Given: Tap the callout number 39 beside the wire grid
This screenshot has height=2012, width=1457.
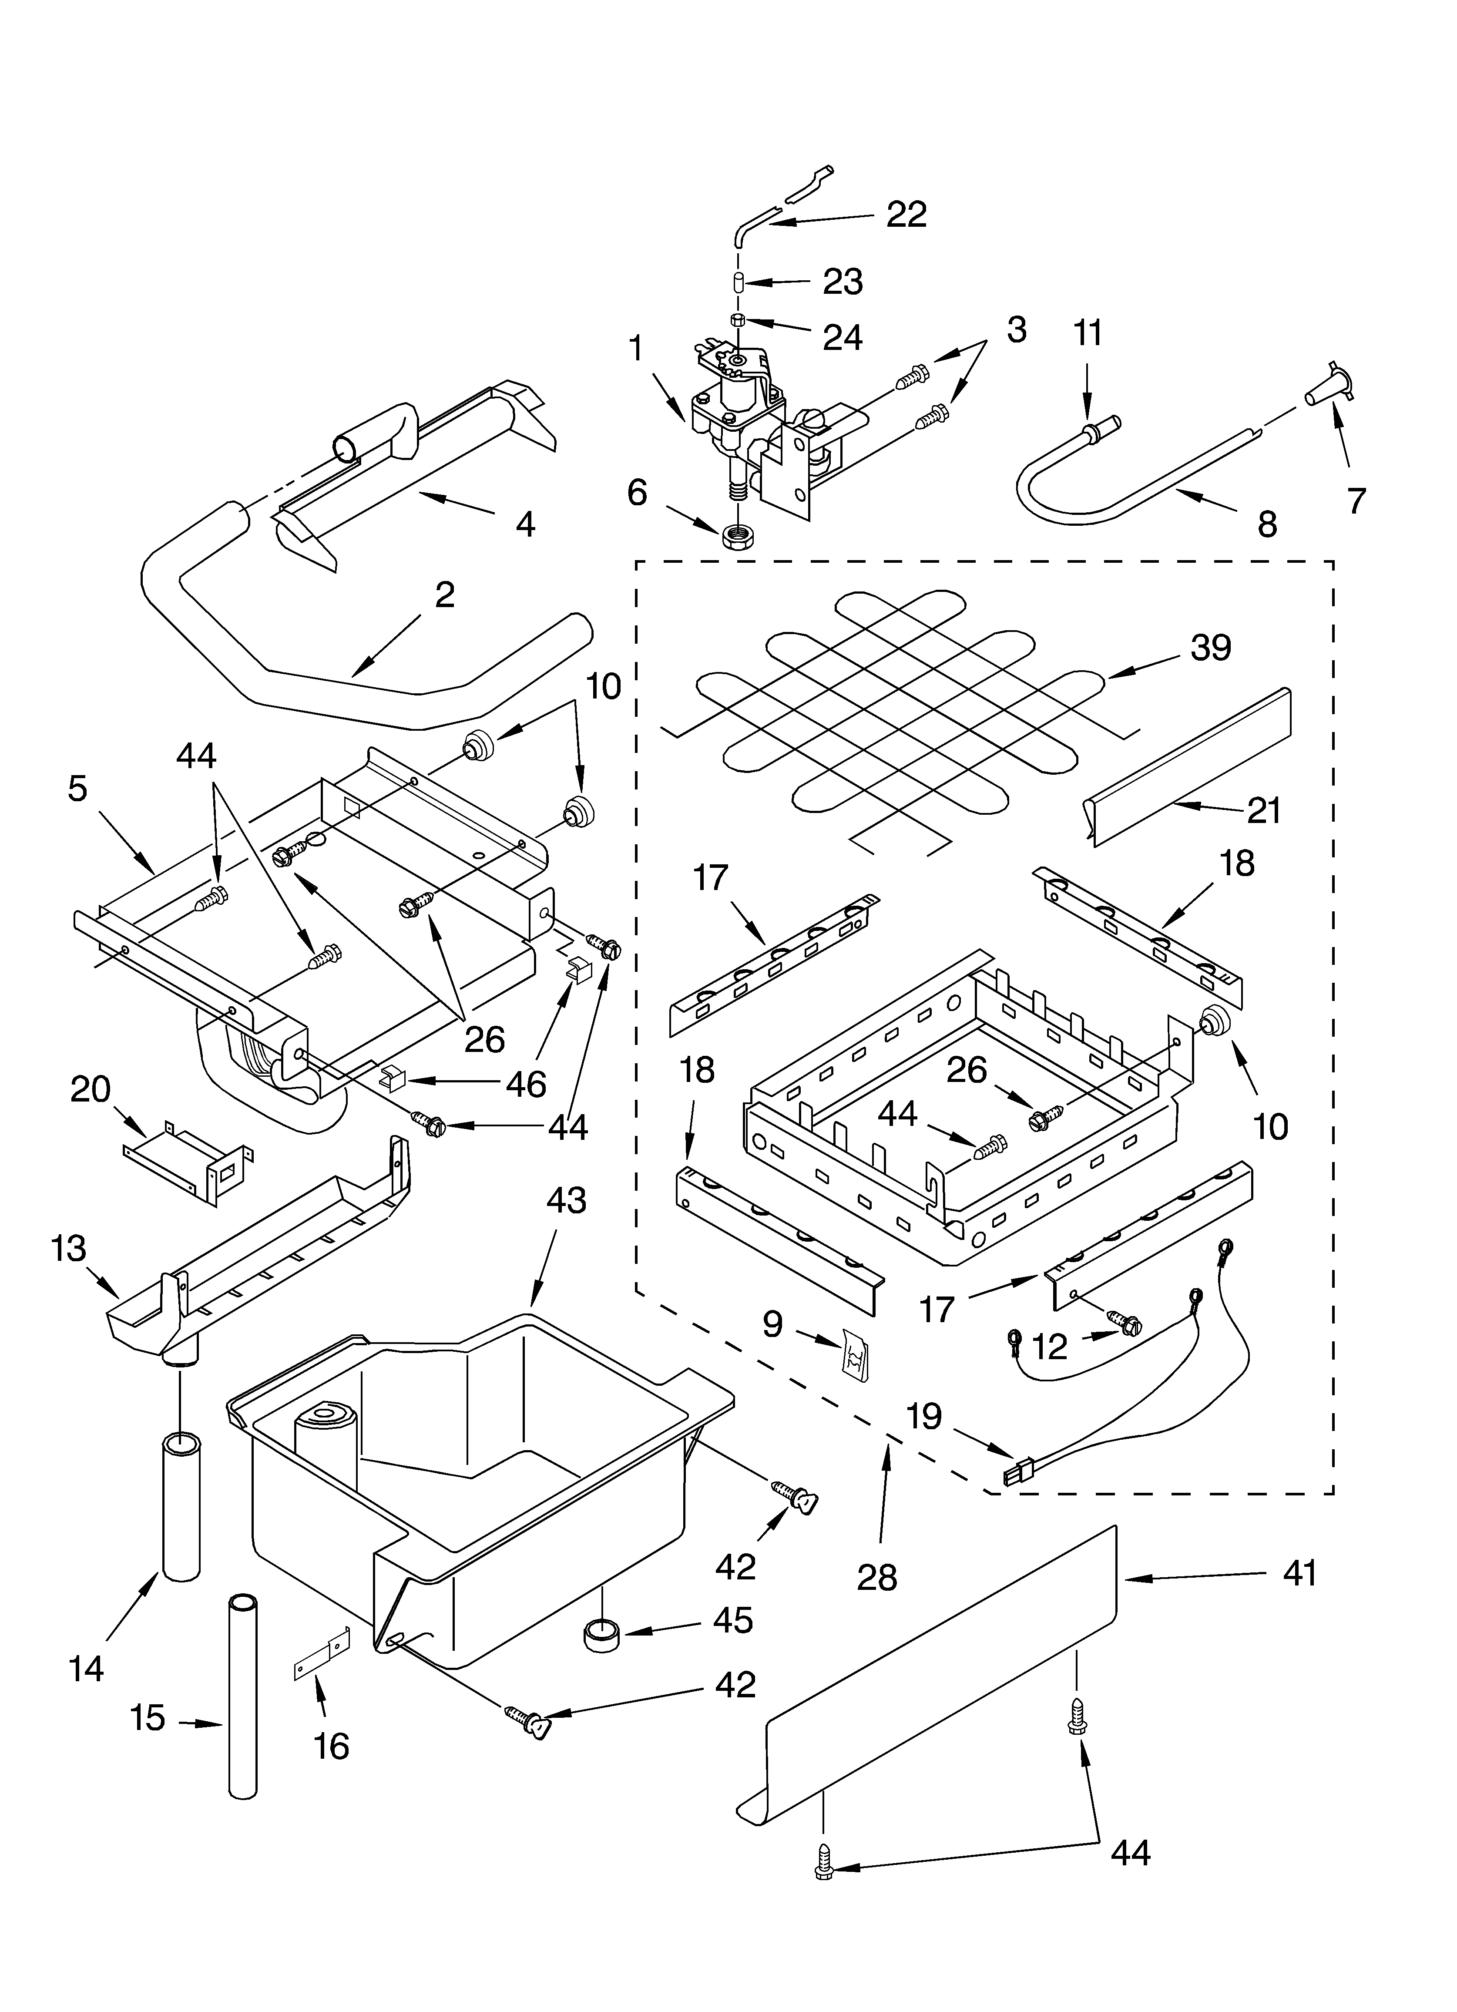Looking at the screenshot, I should (1210, 648).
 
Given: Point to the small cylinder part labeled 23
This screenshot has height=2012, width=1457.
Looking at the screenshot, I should (737, 282).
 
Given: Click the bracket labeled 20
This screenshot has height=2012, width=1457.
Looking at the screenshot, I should (186, 1161).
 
